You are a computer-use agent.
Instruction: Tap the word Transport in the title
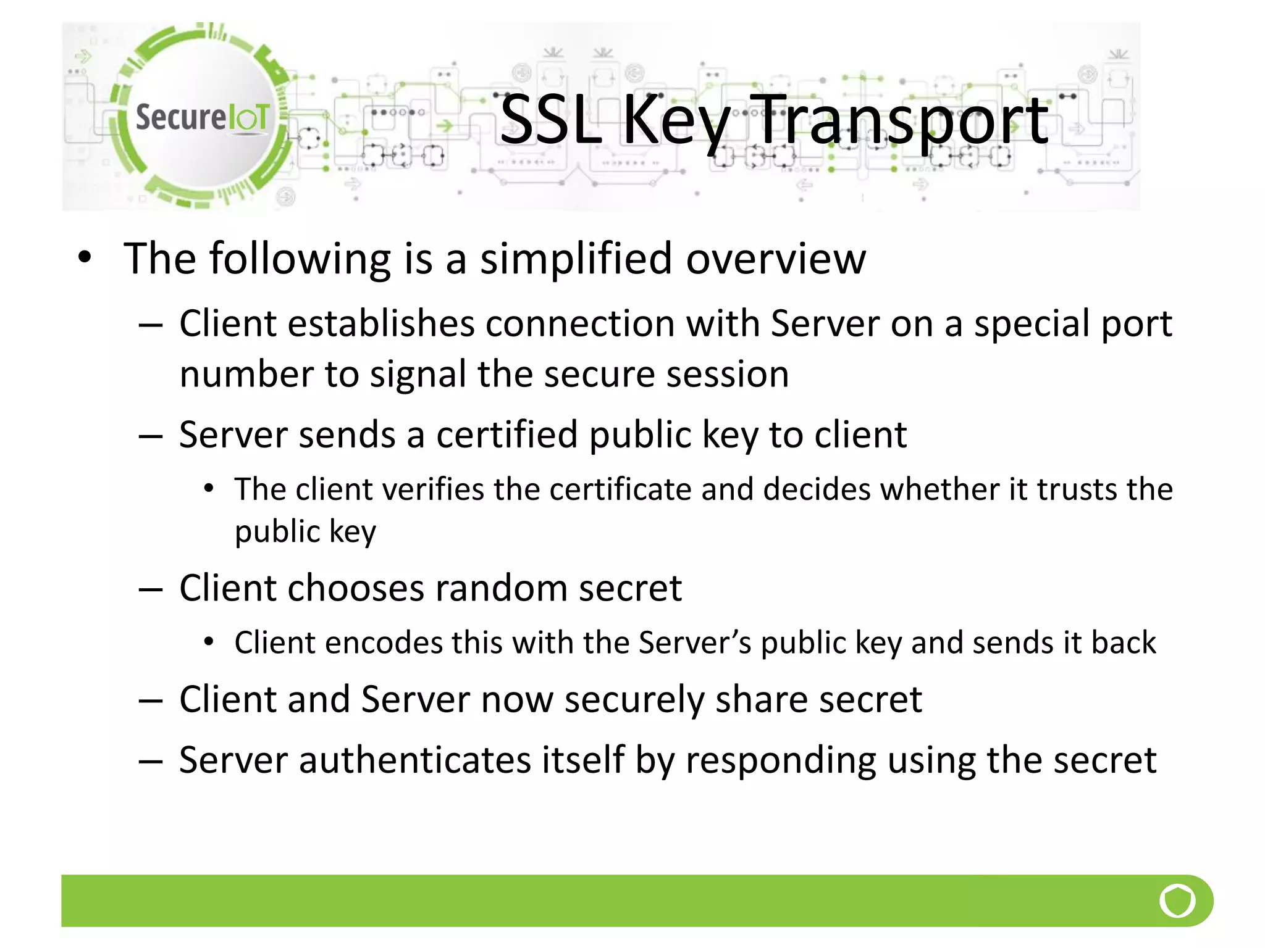pyautogui.click(x=902, y=120)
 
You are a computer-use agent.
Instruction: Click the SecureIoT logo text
pyautogui.click(x=202, y=117)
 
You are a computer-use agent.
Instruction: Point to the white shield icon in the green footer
pyautogui.click(x=1177, y=900)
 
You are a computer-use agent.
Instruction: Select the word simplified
pyautogui.click(x=576, y=259)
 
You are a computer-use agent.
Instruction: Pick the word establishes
pyautogui.click(x=381, y=323)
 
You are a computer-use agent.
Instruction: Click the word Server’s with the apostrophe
pyautogui.click(x=694, y=642)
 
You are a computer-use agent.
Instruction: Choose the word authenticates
pyautogui.click(x=415, y=760)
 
